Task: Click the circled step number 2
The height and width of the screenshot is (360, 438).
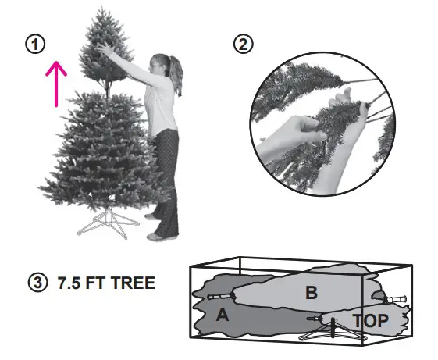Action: [x=244, y=45]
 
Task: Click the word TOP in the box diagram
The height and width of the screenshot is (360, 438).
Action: [x=371, y=320]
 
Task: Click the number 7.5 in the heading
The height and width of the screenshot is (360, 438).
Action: [x=69, y=283]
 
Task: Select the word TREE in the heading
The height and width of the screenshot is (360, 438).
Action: [x=131, y=283]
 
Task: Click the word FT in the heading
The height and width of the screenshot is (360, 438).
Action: [x=96, y=283]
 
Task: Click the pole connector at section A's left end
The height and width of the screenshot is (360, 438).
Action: [x=223, y=298]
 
